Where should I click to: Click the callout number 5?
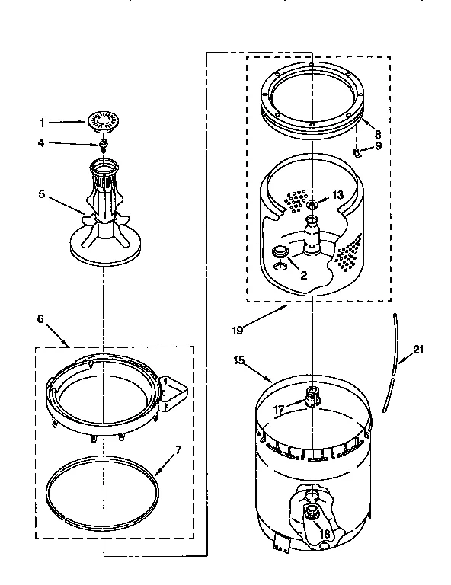[42, 193]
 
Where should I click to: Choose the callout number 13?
[337, 195]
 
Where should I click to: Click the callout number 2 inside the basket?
[302, 275]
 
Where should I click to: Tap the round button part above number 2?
[280, 252]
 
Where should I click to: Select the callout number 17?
[280, 409]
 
